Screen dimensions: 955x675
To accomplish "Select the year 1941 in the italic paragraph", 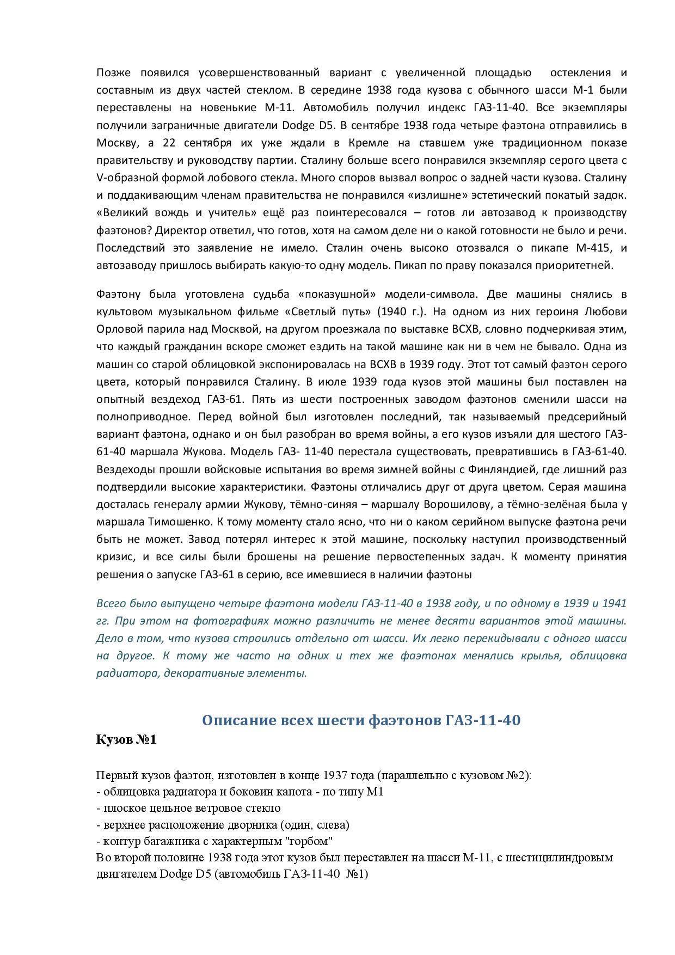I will (x=614, y=603).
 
